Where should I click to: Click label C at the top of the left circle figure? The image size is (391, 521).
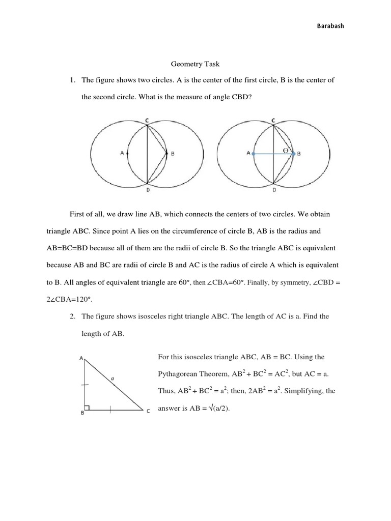tap(147, 120)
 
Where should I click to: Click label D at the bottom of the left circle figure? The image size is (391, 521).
tap(147, 189)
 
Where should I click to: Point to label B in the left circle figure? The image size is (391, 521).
tap(173, 153)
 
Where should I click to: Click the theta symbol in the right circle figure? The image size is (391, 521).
tap(286, 150)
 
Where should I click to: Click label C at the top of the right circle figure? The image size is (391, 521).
tap(273, 120)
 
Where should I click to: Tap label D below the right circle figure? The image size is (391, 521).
tap(274, 189)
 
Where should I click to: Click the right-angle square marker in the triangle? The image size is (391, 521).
tap(88, 407)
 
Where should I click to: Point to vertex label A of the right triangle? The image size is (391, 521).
tap(81, 358)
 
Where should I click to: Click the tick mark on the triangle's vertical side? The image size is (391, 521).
tap(85, 385)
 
